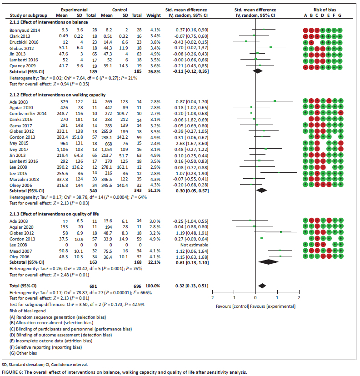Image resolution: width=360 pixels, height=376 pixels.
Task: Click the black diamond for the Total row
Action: (261, 286)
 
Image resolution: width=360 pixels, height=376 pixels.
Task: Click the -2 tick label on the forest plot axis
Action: (212, 297)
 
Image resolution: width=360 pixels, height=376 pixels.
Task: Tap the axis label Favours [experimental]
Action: (275, 306)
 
